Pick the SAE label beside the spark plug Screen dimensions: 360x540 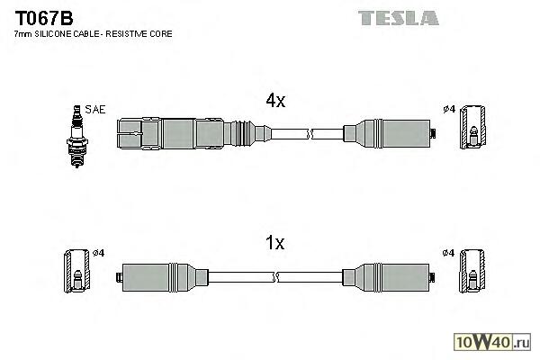coord(96,109)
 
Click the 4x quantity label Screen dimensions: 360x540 coord(274,102)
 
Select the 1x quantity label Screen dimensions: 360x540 coord(274,242)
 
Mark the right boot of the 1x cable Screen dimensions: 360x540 coord(393,275)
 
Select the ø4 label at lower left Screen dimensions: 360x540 coord(98,252)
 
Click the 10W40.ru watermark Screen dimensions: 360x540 coord(493,341)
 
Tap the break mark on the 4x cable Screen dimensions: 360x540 coord(310,135)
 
